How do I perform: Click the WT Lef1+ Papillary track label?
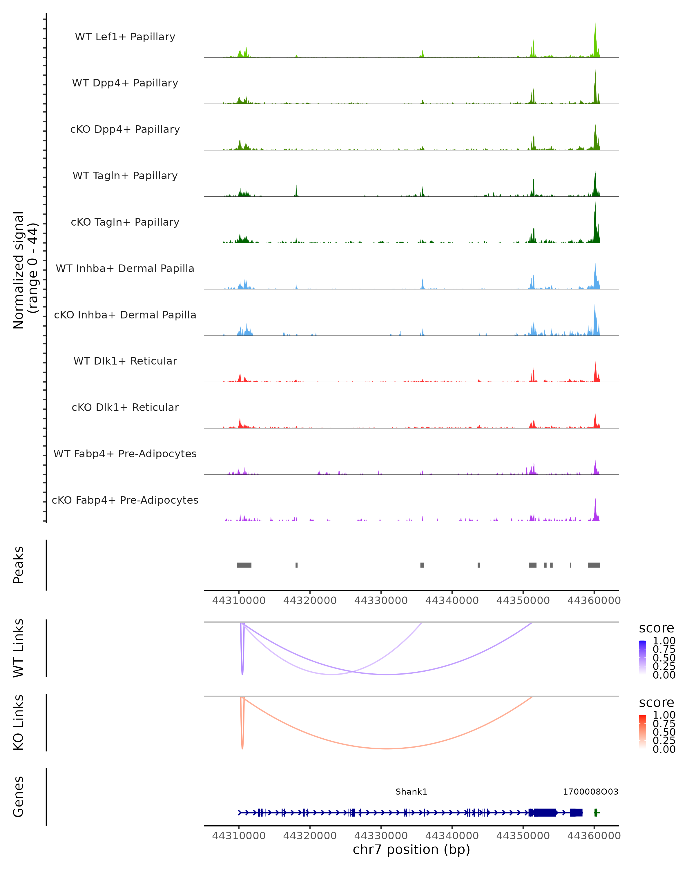coord(125,37)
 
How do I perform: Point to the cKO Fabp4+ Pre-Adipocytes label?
coord(125,500)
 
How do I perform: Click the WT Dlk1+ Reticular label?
coord(125,361)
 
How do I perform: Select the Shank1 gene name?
coord(411,792)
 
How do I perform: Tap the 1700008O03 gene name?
coord(590,792)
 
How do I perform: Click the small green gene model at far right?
coord(596,813)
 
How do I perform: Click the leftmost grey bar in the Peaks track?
coord(244,565)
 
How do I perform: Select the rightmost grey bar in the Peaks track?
coord(594,565)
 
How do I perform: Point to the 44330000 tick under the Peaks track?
coord(381,601)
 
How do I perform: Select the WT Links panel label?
coord(19,648)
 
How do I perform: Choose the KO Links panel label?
coord(19,722)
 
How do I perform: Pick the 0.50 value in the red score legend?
coord(664,732)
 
